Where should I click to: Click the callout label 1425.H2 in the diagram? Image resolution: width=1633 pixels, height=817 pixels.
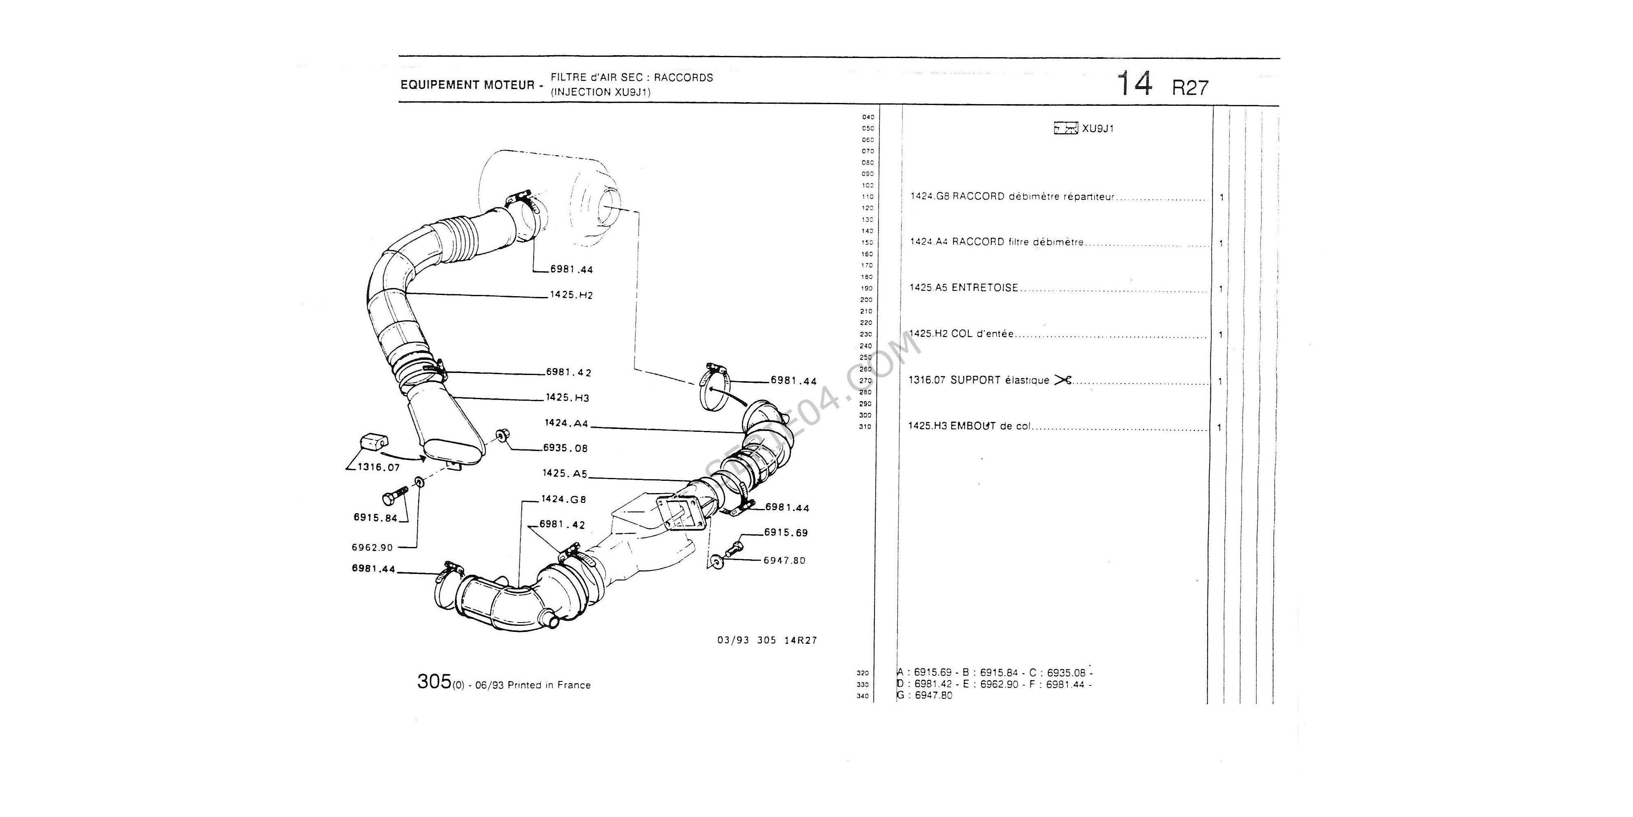pyautogui.click(x=571, y=295)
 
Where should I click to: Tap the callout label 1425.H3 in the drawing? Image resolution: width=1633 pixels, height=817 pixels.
pyautogui.click(x=567, y=398)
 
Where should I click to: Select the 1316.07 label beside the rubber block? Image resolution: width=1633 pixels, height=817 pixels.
pyautogui.click(x=378, y=467)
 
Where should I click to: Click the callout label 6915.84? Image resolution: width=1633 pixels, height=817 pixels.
pyautogui.click(x=375, y=518)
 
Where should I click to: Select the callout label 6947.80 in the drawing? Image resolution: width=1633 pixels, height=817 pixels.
pyautogui.click(x=784, y=561)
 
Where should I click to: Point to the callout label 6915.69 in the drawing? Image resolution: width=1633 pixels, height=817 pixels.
pyautogui.click(x=786, y=533)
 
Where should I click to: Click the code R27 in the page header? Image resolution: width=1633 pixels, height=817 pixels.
pyautogui.click(x=1190, y=87)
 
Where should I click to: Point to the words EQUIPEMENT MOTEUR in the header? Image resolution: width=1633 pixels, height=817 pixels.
pyautogui.click(x=467, y=85)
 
